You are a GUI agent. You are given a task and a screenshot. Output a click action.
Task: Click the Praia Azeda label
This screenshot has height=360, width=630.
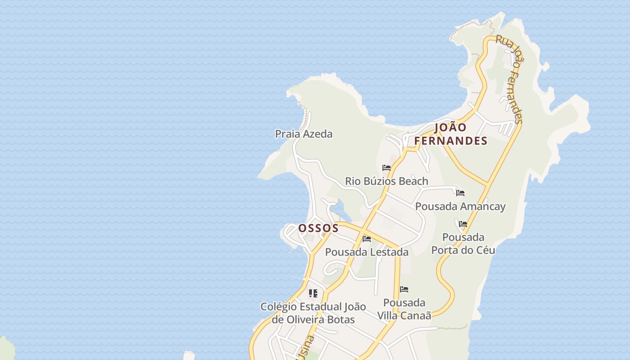pos(304,134)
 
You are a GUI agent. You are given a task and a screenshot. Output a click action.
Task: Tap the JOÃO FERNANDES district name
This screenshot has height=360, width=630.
pos(450,134)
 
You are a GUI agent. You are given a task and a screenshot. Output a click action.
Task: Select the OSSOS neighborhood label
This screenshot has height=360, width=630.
pos(318,228)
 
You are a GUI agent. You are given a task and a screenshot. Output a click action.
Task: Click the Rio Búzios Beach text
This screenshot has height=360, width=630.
pos(387,181)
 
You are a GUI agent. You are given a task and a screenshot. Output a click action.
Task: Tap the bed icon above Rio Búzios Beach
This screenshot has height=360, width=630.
pos(386,168)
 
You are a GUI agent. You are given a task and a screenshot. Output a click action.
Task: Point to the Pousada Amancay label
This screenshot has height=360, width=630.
pos(460,207)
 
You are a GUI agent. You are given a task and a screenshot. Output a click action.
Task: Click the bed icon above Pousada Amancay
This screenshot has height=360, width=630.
pos(460,193)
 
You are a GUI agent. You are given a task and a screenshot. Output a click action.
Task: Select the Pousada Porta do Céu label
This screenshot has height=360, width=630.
pos(463,243)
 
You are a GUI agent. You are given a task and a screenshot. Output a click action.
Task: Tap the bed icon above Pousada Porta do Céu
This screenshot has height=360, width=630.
pos(463,224)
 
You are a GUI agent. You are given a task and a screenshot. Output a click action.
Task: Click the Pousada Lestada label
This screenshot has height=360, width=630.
pos(367,252)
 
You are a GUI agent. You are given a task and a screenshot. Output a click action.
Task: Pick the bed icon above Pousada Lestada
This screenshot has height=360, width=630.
pos(367,239)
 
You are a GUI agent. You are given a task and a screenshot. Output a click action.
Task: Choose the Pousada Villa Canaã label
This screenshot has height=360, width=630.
pos(404,309)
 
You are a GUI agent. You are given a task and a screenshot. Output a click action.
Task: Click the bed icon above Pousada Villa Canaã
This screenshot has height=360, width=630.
pos(404,289)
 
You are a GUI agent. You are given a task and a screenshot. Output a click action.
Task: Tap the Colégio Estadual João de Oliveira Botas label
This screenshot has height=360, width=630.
pos(313,313)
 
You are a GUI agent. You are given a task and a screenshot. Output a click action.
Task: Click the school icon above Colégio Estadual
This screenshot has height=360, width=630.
pos(313,294)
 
